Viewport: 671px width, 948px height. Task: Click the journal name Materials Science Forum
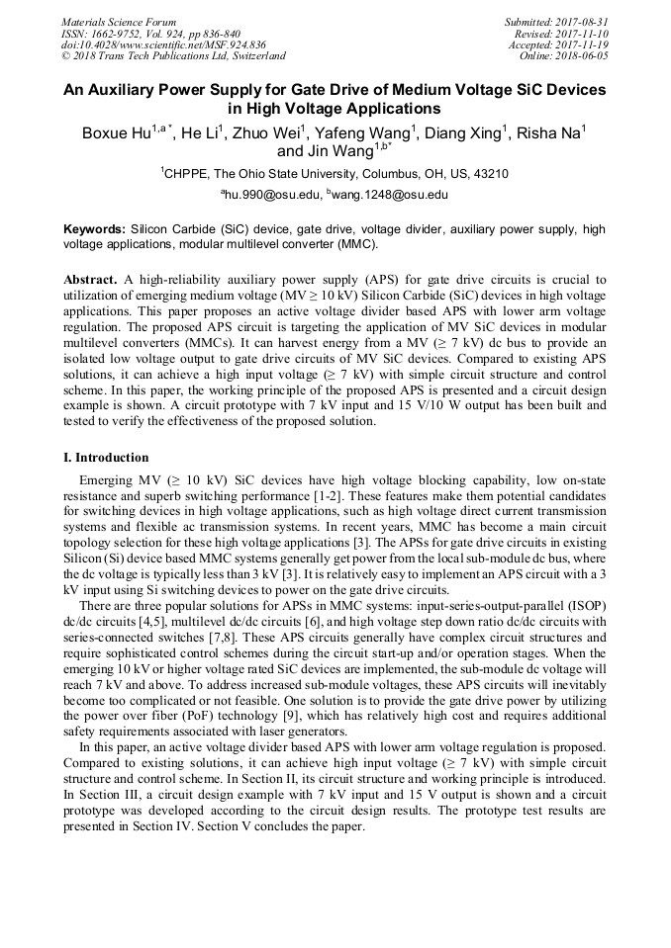click(x=119, y=22)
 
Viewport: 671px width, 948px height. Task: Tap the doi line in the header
click(x=163, y=45)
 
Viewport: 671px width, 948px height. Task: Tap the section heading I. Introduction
click(x=106, y=458)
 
